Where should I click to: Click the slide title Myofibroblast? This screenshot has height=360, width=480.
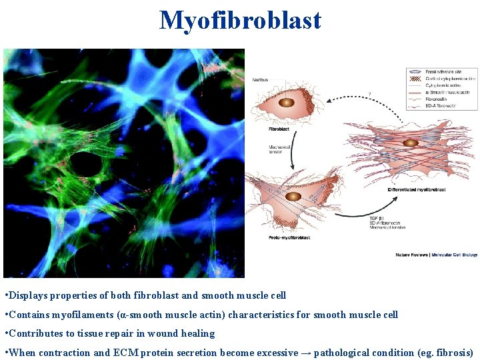[240, 21]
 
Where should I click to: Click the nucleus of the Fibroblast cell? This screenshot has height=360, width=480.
[286, 103]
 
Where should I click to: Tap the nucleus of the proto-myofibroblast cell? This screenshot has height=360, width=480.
[293, 196]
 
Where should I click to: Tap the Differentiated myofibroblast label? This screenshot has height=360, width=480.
[417, 189]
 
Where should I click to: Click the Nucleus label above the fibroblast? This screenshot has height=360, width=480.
[260, 79]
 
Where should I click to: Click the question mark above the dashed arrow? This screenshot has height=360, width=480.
[369, 93]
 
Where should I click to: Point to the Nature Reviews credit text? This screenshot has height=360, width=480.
[436, 254]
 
